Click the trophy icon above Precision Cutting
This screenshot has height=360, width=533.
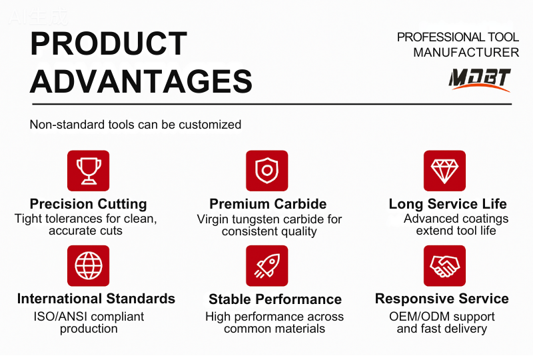coord(89,171)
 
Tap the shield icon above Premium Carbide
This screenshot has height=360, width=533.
coord(267,171)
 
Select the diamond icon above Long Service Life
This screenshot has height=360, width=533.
coord(444,171)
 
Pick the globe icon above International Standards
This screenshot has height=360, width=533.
coord(89,265)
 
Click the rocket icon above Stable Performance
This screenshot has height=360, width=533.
coord(267,265)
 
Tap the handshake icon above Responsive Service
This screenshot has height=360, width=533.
coord(444,265)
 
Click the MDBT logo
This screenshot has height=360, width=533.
coord(480,80)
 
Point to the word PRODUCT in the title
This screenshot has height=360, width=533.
coord(109,43)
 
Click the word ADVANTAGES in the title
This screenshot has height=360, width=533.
coord(141,81)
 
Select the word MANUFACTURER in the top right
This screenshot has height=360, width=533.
coord(466,53)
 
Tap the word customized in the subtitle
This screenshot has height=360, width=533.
coord(210,125)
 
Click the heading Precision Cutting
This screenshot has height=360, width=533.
coord(89,204)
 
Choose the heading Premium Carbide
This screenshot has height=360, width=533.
coord(268,204)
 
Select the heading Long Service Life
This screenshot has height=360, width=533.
coord(448,204)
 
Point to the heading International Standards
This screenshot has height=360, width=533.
coord(96,299)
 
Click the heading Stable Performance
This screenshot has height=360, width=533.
coord(275,299)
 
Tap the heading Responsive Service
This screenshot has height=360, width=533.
coord(442,299)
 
